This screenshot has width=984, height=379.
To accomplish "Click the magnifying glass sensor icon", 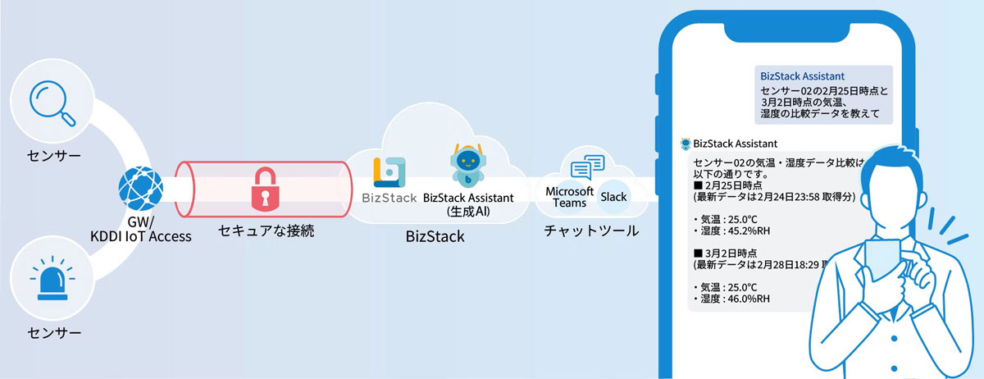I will tap(52, 106).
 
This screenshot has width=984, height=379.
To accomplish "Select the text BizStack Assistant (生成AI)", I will tap(468, 204).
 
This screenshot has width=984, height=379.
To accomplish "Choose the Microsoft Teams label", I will tap(569, 197).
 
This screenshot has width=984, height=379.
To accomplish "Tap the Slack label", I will tap(613, 197).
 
